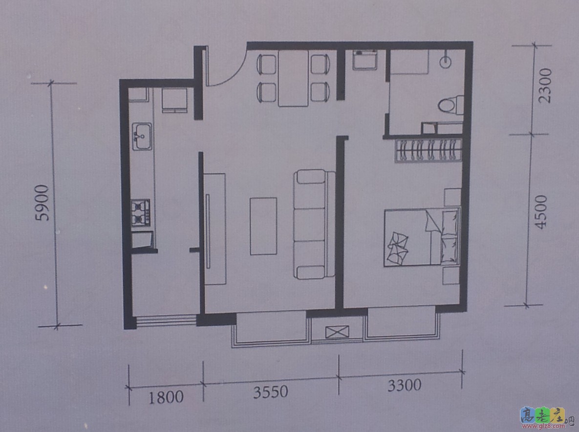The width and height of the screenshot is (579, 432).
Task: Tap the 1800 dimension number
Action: click(166, 397)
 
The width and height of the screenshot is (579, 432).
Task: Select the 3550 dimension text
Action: click(270, 392)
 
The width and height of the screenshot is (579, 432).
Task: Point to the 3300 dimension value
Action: click(404, 385)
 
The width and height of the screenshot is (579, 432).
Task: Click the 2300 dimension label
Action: click(545, 86)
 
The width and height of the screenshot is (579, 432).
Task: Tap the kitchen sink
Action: click(142, 136)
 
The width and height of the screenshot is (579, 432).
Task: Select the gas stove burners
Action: click(141, 213)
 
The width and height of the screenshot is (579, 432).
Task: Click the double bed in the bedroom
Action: click(422, 237)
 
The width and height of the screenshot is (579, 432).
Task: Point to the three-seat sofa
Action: click(314, 224)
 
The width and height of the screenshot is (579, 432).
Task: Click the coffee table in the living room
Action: click(263, 226)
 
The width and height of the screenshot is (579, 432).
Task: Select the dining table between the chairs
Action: click(293, 78)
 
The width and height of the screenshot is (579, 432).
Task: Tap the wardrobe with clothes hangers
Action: click(429, 151)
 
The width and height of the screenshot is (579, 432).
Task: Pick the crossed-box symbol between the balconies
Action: click(337, 332)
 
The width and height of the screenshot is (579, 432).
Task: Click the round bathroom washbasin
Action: click(446, 62)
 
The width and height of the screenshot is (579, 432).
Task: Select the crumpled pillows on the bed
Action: click(398, 248)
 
